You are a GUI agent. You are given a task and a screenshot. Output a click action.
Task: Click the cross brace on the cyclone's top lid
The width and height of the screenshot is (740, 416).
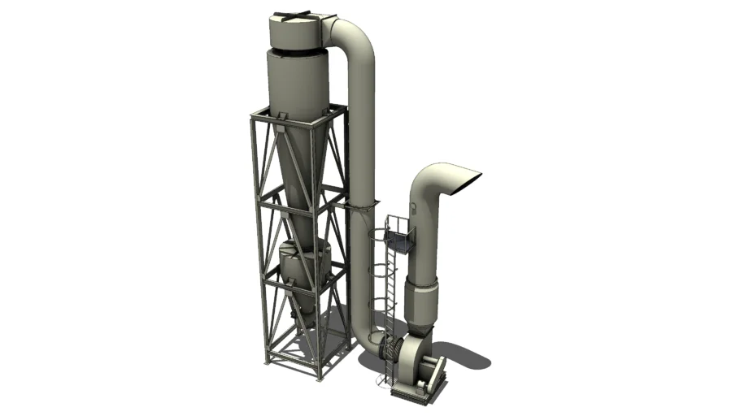pyautogui.click(x=292, y=14)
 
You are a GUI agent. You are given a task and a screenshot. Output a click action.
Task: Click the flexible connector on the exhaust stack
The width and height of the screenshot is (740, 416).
pyautogui.click(x=422, y=301)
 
